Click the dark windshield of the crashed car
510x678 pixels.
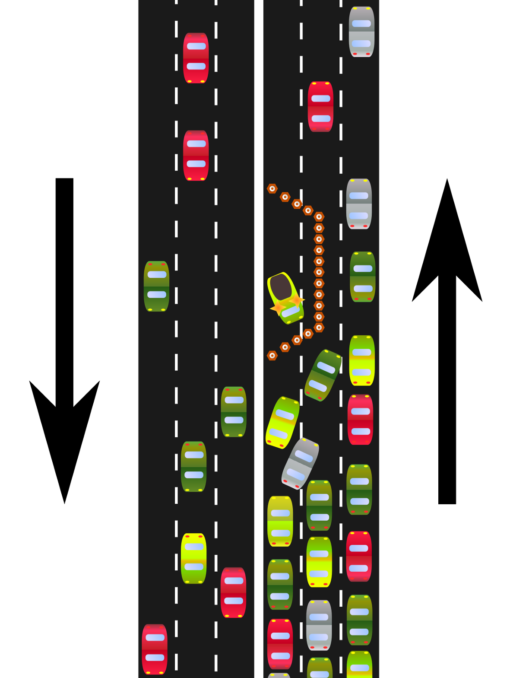tap(281, 286)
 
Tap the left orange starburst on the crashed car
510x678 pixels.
tap(277, 308)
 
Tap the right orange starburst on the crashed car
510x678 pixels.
tap(297, 299)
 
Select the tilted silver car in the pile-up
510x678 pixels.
tap(300, 464)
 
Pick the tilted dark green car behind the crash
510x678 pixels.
tap(323, 375)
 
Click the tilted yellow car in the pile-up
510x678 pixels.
tap(282, 423)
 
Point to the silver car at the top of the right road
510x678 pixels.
tap(361, 32)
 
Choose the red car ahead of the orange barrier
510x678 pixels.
tap(320, 107)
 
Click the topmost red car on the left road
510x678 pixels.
tap(196, 58)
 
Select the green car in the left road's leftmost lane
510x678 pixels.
tap(156, 286)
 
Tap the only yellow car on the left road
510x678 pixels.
tap(193, 558)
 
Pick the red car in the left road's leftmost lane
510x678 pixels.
tap(155, 649)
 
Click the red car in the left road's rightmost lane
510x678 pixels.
tap(233, 592)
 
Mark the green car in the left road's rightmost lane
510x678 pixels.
tap(234, 412)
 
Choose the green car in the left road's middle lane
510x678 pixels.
tap(193, 467)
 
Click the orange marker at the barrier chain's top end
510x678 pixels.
tap(272, 189)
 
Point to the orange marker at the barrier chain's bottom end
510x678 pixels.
tap(272, 356)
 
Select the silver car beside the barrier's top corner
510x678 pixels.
tap(359, 204)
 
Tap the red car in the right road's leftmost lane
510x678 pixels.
tap(280, 644)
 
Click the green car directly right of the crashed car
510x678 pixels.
tap(362, 277)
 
